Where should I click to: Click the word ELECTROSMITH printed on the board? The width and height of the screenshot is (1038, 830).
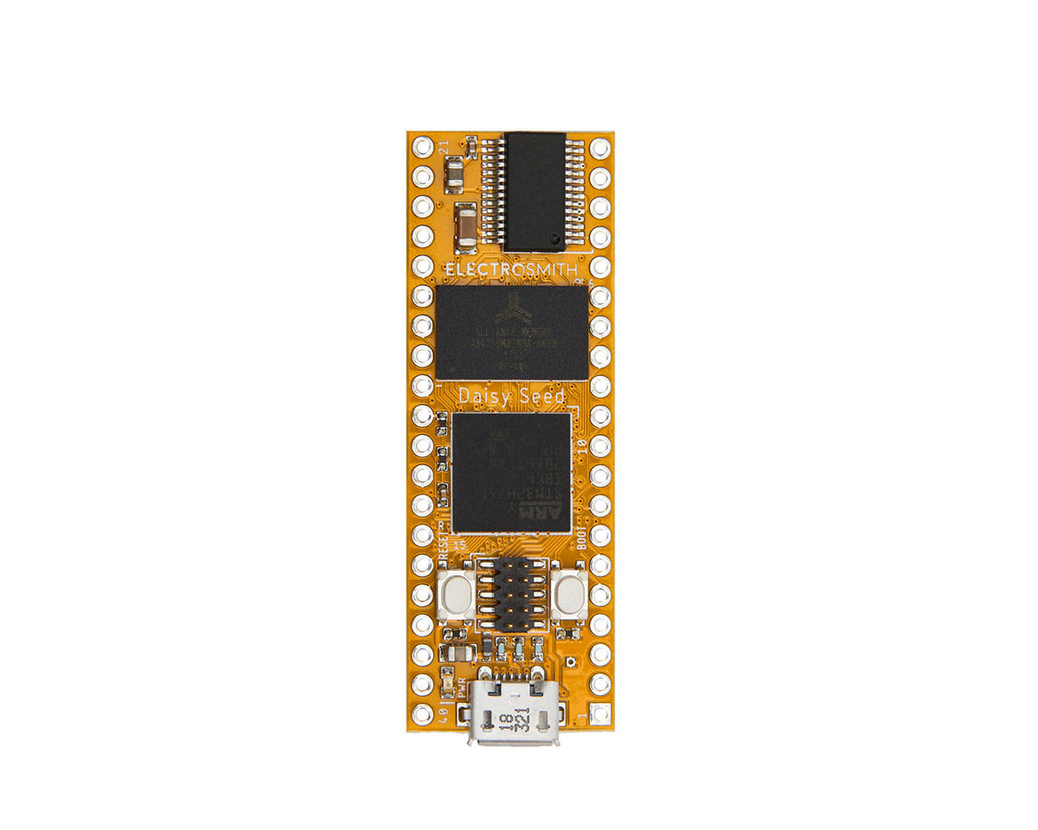(x=510, y=270)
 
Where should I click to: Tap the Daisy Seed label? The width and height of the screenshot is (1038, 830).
(x=511, y=396)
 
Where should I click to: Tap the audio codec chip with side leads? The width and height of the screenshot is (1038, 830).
(x=535, y=191)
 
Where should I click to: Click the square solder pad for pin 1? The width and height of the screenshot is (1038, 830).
(x=600, y=714)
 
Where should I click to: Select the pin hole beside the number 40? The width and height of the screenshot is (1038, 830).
(x=422, y=714)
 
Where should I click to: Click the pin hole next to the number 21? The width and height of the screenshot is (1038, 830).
(x=422, y=147)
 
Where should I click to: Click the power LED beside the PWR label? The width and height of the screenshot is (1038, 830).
(x=447, y=683)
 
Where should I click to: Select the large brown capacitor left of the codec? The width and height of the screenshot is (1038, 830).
(x=465, y=223)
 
